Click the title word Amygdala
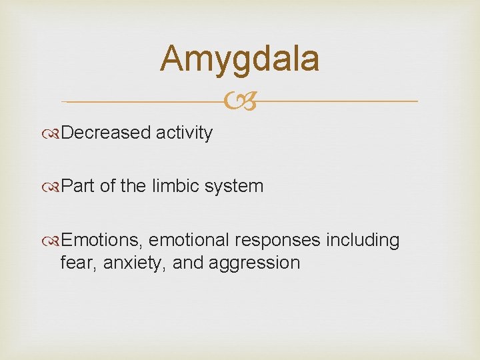click(239, 59)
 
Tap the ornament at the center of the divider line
click(239, 102)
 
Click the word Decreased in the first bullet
click(106, 133)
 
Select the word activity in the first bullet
click(184, 133)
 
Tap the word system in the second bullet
click(236, 187)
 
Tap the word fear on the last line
click(73, 263)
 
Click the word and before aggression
click(188, 263)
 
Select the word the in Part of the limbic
click(135, 186)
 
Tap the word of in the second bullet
click(108, 186)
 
